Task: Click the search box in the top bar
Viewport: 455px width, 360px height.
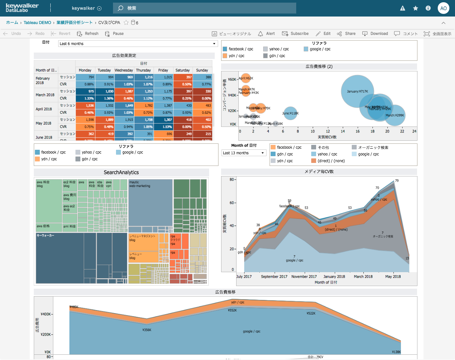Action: point(204,8)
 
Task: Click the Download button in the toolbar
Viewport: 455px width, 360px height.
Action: point(375,33)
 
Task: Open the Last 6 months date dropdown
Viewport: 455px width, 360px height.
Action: point(138,44)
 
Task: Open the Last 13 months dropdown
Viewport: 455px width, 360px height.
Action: point(244,153)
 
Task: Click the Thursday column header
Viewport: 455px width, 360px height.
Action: point(143,70)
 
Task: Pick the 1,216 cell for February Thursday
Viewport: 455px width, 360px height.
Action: point(143,77)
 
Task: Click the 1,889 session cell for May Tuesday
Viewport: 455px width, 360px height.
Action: point(104,120)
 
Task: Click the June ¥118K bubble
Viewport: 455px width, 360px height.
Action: point(290,113)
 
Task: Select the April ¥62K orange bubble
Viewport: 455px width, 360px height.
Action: point(246,78)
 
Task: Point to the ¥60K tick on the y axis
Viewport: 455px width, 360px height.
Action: point(232,79)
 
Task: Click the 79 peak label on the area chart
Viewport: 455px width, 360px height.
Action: point(397,181)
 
